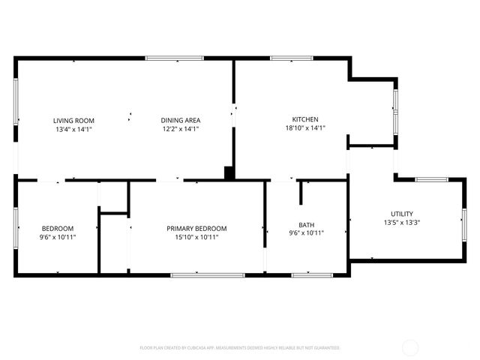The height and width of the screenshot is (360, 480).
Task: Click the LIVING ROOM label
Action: coord(73,120)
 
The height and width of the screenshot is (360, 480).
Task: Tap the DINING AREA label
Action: coord(181,120)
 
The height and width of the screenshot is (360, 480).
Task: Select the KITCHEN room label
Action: coord(305,119)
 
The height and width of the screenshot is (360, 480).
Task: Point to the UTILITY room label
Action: coord(401,214)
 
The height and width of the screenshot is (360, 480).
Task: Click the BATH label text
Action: coord(306,225)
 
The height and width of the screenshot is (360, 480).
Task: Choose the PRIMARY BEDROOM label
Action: coord(196,229)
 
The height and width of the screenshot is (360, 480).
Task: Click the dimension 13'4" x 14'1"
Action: coord(73,129)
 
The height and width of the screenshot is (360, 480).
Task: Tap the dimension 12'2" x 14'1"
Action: coord(181,129)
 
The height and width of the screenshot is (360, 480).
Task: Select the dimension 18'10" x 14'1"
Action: coord(305,128)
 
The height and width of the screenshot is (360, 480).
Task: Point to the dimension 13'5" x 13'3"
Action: coord(401,223)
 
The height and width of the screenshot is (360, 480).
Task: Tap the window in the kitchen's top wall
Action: coord(286,58)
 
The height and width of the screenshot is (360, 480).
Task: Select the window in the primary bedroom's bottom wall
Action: coord(207,275)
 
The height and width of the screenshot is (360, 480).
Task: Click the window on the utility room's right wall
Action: coord(464,222)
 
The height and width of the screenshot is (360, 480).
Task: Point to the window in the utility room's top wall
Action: coord(432,179)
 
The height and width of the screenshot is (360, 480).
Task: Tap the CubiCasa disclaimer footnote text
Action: coord(240,348)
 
